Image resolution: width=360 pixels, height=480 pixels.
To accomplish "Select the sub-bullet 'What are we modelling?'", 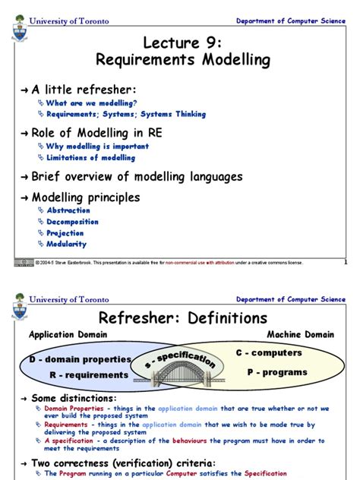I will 92,103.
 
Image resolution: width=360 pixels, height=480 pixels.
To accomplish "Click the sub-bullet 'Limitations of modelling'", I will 90,157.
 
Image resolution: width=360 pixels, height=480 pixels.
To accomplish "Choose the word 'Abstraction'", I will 68,210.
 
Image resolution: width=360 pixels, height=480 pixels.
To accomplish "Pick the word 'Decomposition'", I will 73,222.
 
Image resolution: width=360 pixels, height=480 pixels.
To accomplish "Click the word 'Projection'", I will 65,233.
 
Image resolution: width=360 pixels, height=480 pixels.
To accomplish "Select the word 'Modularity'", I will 67,245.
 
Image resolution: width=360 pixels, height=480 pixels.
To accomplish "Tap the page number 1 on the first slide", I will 345,263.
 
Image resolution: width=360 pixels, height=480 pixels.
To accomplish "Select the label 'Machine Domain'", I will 300,335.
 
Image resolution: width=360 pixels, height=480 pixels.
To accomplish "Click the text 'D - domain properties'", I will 76,358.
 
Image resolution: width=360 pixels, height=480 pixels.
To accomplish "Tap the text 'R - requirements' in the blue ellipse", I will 89,374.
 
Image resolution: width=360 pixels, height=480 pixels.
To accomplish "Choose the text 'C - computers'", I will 268,353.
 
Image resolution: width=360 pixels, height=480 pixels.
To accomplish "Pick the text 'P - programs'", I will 277,372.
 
